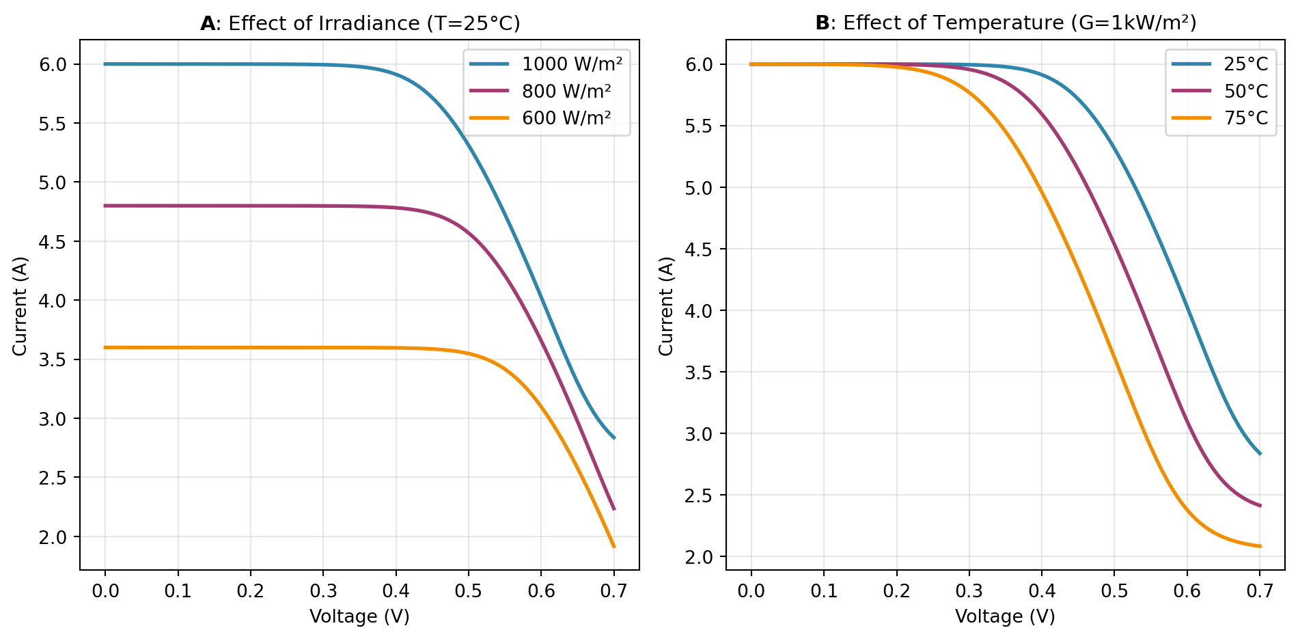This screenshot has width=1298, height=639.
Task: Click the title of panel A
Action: coord(360,24)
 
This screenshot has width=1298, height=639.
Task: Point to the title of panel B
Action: coord(1006,23)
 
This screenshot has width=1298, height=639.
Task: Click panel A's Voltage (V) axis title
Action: coord(359,616)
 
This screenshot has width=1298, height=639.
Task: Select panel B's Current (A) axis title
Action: coord(666,305)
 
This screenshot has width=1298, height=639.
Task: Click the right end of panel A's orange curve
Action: coord(614,547)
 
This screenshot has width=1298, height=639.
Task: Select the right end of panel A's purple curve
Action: coord(614,509)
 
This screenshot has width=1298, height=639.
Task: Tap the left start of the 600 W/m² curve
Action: coord(105,348)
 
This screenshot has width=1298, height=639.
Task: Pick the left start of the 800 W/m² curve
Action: coord(105,206)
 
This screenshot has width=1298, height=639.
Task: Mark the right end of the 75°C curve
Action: coord(1260,546)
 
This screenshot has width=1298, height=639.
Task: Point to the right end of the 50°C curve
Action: coord(1260,506)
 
